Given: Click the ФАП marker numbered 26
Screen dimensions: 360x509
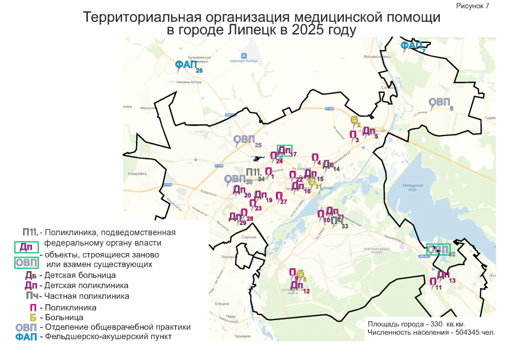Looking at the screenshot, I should click(x=186, y=65).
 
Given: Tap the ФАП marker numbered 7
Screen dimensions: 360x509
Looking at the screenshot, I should click(x=411, y=46).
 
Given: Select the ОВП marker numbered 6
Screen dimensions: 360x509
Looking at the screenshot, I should click(x=439, y=102).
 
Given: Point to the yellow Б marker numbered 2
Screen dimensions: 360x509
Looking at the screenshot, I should click(x=354, y=120).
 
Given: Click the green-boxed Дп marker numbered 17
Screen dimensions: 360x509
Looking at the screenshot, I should click(x=285, y=150).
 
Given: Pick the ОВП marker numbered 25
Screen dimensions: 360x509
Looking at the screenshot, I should click(x=245, y=139).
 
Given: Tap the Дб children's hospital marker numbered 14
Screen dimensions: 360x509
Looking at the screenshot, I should click(x=328, y=164).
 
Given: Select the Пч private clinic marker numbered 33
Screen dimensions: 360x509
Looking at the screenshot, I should click(x=335, y=221).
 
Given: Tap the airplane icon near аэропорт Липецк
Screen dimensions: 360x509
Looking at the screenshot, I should click(x=244, y=55).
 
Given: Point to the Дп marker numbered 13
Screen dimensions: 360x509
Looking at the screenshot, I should click(x=443, y=275).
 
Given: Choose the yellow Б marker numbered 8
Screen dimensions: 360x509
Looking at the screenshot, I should click(x=300, y=273).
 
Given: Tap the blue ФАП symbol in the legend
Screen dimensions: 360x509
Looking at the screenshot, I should click(x=26, y=337).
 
